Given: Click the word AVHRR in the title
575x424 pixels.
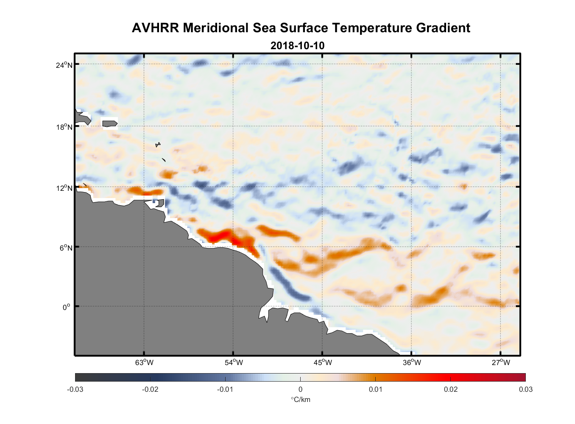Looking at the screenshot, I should click(x=155, y=28).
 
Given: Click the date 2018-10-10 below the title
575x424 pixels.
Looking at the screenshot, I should click(x=297, y=45).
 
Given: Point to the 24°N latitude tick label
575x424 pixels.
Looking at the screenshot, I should click(x=64, y=65).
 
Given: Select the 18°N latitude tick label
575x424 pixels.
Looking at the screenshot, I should click(x=64, y=127).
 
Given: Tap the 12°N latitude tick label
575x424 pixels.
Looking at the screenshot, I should click(x=64, y=188).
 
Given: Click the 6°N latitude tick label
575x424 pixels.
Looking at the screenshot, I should click(x=65, y=248).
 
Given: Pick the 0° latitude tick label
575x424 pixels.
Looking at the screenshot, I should click(x=66, y=307).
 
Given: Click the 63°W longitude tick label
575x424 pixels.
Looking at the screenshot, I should click(x=144, y=363).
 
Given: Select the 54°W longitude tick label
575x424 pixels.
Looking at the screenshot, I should click(x=233, y=363).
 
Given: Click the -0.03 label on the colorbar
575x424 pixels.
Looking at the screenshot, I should click(x=75, y=389).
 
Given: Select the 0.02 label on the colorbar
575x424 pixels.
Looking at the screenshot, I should click(x=450, y=389).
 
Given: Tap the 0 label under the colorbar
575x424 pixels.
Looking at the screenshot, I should click(x=300, y=389).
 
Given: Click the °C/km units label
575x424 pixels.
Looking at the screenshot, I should click(x=300, y=399).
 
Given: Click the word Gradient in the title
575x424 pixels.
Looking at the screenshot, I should click(x=443, y=28).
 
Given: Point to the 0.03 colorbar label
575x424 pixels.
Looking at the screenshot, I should click(x=525, y=389).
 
